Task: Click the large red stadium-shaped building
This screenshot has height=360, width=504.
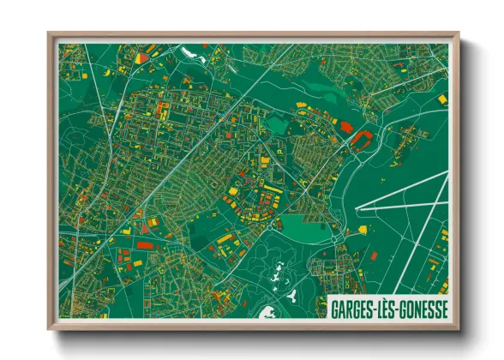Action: pos(361,136)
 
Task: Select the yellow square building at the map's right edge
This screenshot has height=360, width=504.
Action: pos(442,99)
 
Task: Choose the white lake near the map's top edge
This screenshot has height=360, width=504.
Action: pos(189,53)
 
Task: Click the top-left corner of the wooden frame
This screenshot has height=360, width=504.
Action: pos(50,33)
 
